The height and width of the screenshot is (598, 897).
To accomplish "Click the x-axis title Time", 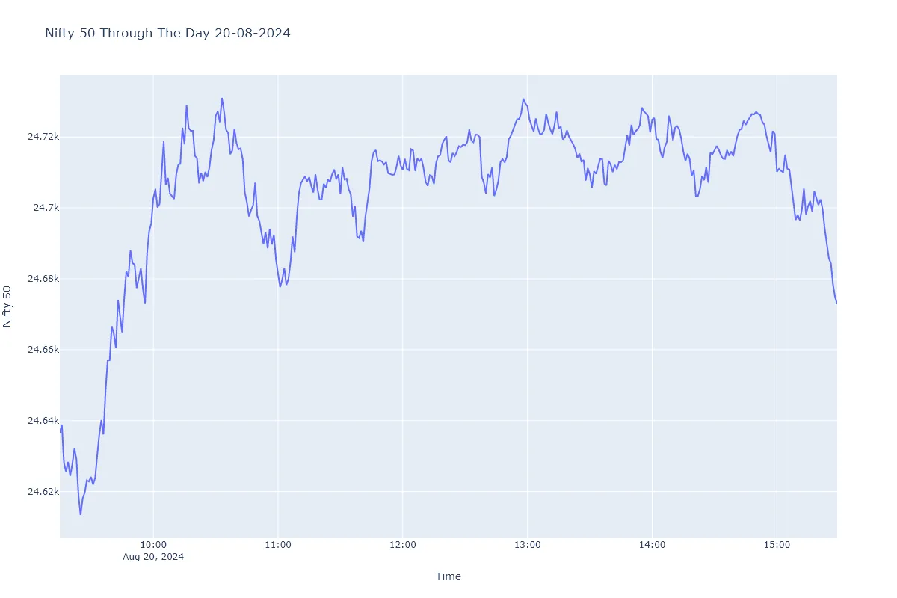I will [x=449, y=576].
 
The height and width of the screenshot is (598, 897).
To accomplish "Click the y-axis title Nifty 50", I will [x=8, y=306].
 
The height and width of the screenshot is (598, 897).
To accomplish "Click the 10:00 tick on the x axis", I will [x=153, y=545].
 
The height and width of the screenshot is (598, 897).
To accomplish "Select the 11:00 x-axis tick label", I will [x=278, y=545].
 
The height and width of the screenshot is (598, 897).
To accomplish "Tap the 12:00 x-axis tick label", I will [x=403, y=545].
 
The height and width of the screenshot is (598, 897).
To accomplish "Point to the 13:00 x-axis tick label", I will [x=528, y=545].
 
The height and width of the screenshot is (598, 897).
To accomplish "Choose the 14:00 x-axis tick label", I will [x=653, y=545].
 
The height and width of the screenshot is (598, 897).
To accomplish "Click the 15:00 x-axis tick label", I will [x=777, y=545].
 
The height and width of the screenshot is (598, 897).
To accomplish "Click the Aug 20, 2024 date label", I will [x=153, y=557].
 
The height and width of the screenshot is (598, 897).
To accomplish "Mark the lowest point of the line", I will [x=80, y=514].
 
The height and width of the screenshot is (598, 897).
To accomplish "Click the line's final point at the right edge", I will [x=836, y=303].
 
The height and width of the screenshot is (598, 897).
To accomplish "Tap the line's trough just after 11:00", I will [x=280, y=286].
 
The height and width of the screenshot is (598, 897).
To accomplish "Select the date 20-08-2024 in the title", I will [x=253, y=34].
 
